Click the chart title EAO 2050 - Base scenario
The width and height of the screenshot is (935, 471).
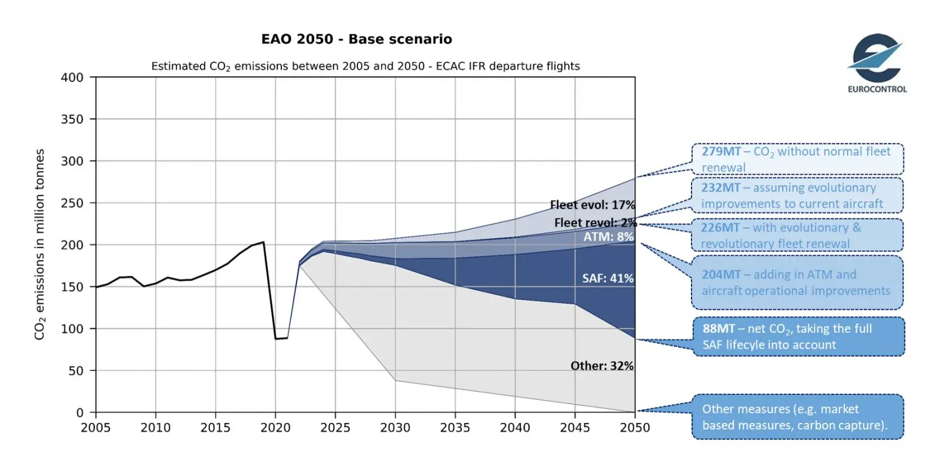tap(357, 40)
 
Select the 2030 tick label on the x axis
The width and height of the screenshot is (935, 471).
tap(395, 427)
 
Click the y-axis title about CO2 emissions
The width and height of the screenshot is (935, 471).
tap(40, 244)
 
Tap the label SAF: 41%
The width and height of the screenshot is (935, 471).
tap(608, 279)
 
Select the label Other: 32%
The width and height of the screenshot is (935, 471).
tap(602, 366)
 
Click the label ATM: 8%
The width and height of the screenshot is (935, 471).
tap(609, 237)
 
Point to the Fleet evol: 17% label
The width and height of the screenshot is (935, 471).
tap(592, 205)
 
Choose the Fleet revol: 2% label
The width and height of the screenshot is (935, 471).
tap(594, 223)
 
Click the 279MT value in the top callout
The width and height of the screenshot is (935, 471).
tap(721, 152)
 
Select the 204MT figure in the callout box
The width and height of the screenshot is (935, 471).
tap(721, 274)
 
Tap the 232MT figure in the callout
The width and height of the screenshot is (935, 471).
tap(721, 188)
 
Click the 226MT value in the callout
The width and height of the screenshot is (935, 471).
tap(721, 228)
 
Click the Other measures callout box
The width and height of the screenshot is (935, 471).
tap(797, 417)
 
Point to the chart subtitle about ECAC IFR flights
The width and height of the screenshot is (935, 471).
tap(365, 66)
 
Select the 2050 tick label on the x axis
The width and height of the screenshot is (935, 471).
tap(635, 427)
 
